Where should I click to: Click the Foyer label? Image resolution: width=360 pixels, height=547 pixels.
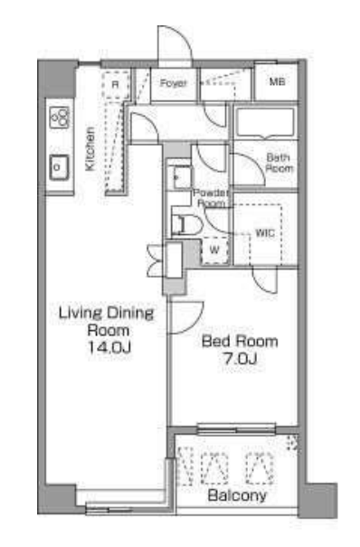174,83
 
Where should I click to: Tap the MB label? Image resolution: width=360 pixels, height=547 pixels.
278,81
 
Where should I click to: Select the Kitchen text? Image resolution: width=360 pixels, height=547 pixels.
90,149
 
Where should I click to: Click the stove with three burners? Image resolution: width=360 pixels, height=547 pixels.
60,117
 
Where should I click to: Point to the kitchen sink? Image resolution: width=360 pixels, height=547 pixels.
59,167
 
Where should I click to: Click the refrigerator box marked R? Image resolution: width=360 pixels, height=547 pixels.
116,85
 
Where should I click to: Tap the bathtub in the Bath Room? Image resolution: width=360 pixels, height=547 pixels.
265,122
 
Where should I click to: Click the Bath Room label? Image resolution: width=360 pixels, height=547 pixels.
279,163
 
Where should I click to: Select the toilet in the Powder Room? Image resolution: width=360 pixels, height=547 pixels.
186,224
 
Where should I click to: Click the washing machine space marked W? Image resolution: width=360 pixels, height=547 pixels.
215,250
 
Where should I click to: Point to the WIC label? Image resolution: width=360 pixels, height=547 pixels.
265,233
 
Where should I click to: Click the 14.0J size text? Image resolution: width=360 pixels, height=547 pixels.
109,347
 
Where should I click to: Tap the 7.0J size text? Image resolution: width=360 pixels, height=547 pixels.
241,358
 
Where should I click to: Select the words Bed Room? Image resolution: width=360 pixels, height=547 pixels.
240,341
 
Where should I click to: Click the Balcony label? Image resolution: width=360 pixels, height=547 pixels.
237,495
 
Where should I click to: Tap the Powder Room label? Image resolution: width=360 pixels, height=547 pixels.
212,198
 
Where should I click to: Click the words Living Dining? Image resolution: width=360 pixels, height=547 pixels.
106,313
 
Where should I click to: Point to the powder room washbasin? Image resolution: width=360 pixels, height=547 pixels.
183,177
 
